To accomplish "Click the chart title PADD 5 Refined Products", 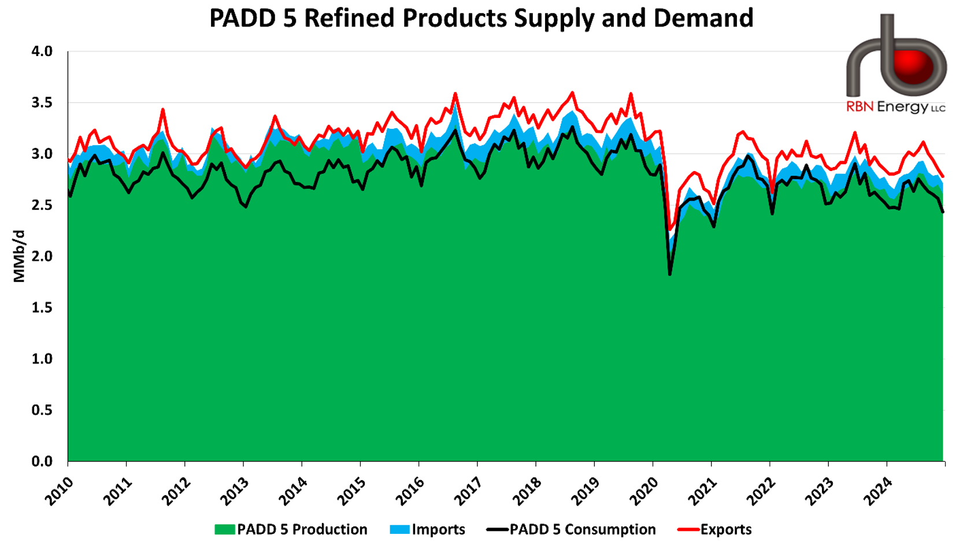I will tap(481, 18).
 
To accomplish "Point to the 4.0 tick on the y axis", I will tap(42, 51).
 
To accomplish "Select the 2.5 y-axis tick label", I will tap(42, 205).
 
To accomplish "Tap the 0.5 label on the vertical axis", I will tap(42, 410).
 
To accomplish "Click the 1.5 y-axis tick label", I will tap(42, 307).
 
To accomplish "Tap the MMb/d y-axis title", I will tap(19, 256).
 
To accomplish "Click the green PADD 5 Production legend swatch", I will tap(224, 529).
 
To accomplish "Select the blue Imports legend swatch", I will tap(399, 529).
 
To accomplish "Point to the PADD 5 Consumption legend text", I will tap(582, 529).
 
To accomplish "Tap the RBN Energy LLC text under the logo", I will tap(895, 107).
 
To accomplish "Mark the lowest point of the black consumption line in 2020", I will tap(670, 274).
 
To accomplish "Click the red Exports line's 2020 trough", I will tap(670, 230).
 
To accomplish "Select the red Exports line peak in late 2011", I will tap(163, 109).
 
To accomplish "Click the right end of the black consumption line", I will tap(943, 212).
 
